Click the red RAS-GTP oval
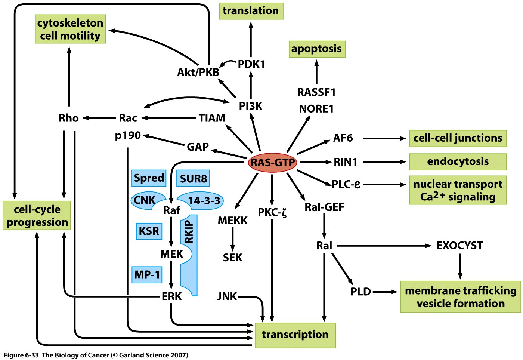pyautogui.click(x=273, y=163)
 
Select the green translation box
pyautogui.click(x=251, y=11)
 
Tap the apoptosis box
pyautogui.click(x=317, y=49)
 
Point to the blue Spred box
pyautogui.click(x=149, y=178)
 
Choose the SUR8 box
pyautogui.click(x=193, y=178)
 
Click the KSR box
pyautogui.click(x=149, y=231)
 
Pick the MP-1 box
pyautogui.click(x=147, y=275)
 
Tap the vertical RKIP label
pyautogui.click(x=189, y=232)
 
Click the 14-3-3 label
pyautogui.click(x=204, y=201)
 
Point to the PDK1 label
pyautogui.click(x=251, y=64)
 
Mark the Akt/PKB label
pyautogui.click(x=198, y=72)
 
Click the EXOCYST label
pyautogui.click(x=459, y=246)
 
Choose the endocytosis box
pyautogui.click(x=458, y=161)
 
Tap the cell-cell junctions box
pyautogui.click(x=458, y=138)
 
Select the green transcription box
pyautogui.click(x=295, y=335)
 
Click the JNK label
pyautogui.click(x=227, y=296)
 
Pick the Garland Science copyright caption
pyautogui.click(x=96, y=355)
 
